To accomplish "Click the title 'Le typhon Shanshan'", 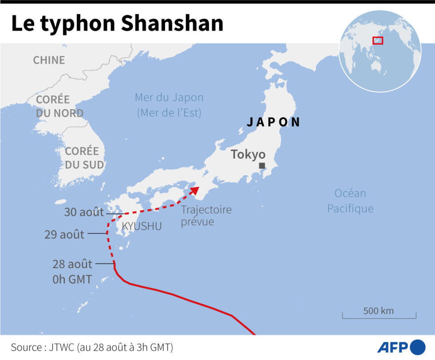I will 117,24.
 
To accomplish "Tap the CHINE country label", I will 49,60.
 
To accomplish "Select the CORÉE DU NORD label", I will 59,106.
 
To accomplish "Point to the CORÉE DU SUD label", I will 84,158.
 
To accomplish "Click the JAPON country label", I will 273,122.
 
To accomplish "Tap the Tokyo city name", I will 248,154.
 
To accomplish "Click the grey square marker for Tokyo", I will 262,166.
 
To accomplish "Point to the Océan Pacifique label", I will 350,201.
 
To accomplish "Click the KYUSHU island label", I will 142,226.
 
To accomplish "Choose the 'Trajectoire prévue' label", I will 206,215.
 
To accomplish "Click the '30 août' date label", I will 83,212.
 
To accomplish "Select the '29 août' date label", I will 64,234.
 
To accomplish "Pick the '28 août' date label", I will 72,265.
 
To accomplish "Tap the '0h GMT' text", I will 72,279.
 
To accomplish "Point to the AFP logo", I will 402,346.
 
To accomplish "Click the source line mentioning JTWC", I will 92,347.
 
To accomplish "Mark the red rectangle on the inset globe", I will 378,40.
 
